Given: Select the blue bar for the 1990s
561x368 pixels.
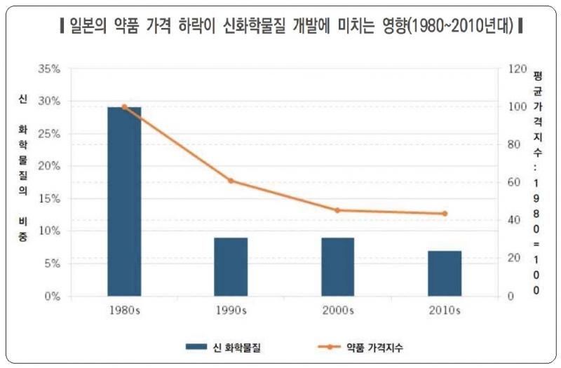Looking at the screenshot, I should [x=231, y=266].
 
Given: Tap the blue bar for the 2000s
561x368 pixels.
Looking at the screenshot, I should [x=337, y=266].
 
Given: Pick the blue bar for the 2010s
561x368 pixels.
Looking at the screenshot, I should [x=445, y=273].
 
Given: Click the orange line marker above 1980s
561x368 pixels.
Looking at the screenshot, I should [x=124, y=107].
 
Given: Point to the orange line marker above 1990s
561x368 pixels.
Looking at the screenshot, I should [x=231, y=181].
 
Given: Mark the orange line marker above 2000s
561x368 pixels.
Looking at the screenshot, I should [x=337, y=210].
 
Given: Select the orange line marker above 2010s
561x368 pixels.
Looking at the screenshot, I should [x=445, y=214].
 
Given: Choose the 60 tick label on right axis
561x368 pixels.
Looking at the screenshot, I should [x=514, y=182].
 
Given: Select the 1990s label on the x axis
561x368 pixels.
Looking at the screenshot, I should [x=231, y=309].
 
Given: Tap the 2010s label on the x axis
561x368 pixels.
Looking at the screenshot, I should [x=445, y=309].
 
